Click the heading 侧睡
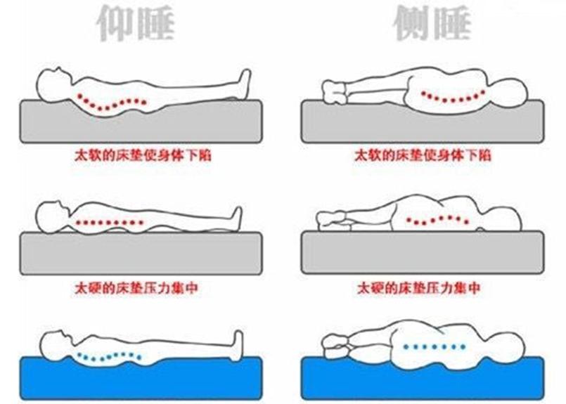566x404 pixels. coord(430,23)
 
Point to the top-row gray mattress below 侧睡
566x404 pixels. coord(422,123)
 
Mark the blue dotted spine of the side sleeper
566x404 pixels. coord(432,346)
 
